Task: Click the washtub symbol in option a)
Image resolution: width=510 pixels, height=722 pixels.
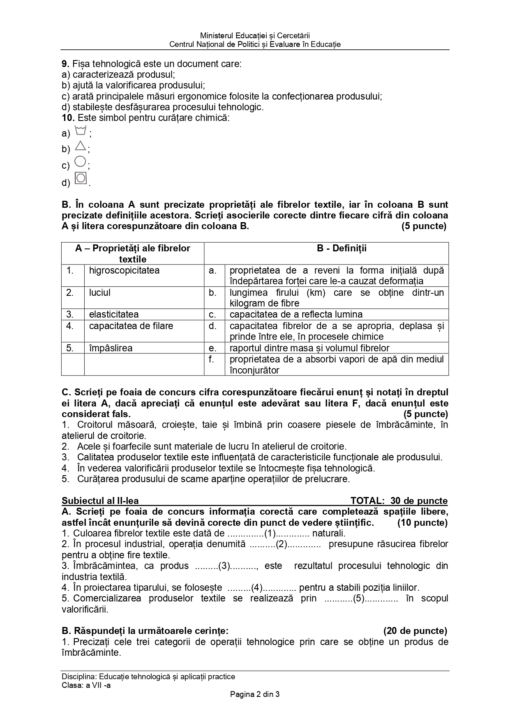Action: (x=81, y=131)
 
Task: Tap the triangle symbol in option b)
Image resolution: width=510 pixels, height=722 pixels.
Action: (x=81, y=146)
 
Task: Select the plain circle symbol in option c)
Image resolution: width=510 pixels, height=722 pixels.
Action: (x=80, y=162)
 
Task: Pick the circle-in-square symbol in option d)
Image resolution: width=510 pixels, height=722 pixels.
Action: (x=81, y=178)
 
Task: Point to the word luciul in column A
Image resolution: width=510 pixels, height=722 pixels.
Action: (x=100, y=293)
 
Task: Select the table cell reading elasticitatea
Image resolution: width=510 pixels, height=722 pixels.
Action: (x=114, y=315)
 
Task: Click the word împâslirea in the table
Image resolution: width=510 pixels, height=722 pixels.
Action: (x=111, y=348)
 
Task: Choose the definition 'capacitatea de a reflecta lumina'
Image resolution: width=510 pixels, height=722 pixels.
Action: (x=296, y=315)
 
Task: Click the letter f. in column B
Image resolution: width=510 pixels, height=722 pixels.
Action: (x=212, y=359)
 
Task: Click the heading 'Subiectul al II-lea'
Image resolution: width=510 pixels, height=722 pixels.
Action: (x=100, y=501)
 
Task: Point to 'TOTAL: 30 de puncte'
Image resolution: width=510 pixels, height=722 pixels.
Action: (x=399, y=501)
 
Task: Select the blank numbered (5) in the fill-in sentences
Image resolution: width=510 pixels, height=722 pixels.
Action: (x=360, y=599)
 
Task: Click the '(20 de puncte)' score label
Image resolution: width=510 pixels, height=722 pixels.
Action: (x=415, y=631)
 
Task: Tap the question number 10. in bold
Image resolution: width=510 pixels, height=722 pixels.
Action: (x=68, y=118)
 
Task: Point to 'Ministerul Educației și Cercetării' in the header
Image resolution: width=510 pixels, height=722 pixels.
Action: (x=255, y=36)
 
